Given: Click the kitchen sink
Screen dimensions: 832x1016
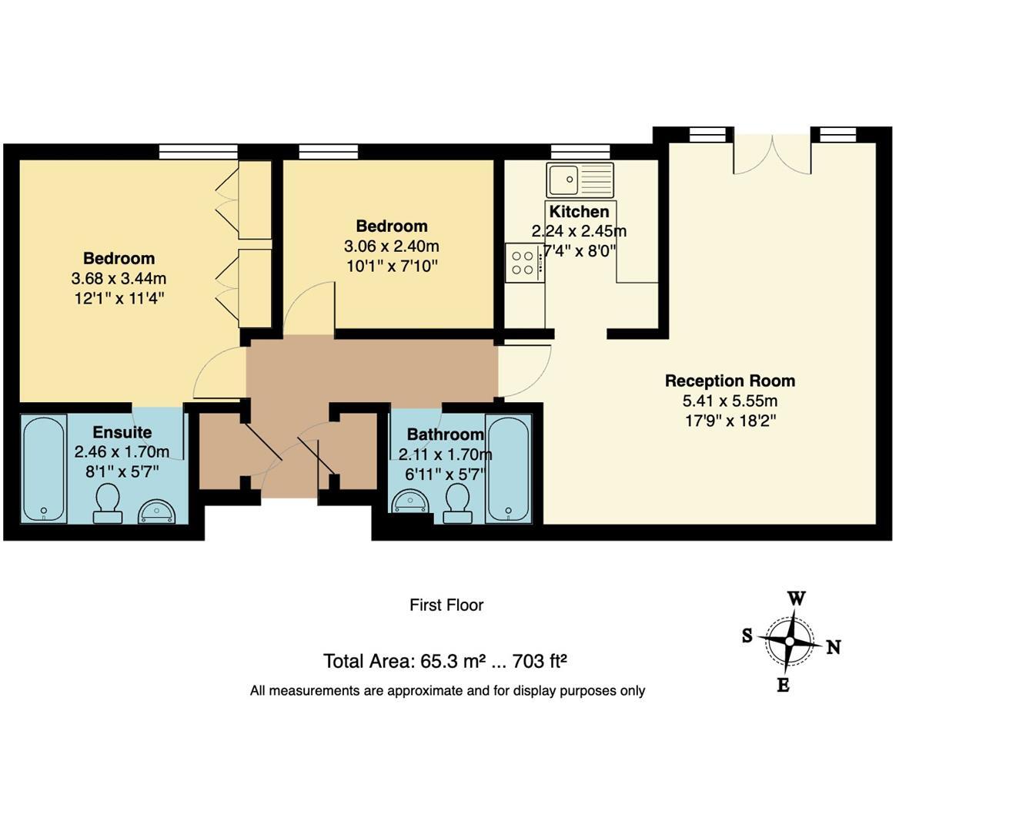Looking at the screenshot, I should click(x=580, y=179).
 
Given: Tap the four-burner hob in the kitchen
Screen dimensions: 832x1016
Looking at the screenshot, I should click(x=523, y=263).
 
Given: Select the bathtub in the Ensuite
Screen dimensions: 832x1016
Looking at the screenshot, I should click(x=44, y=469).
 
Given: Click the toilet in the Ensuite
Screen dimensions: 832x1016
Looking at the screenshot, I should click(x=107, y=504).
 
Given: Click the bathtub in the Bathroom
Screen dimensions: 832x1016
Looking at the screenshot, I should click(x=508, y=469).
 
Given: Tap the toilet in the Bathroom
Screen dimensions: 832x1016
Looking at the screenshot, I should click(x=459, y=504).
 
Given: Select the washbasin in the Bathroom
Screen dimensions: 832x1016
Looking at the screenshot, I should click(x=410, y=502).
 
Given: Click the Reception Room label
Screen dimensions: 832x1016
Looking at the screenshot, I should click(x=730, y=381).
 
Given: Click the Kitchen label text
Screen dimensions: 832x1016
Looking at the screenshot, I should click(x=580, y=211).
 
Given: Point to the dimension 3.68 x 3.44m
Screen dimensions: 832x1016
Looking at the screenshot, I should click(x=119, y=278).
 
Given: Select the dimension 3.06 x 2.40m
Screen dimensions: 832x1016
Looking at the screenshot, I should click(x=391, y=247).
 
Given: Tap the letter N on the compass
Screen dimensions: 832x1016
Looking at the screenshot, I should click(x=833, y=647).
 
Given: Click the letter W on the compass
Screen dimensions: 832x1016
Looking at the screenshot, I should click(x=796, y=599).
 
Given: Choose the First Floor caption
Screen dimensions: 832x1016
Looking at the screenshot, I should click(x=446, y=606).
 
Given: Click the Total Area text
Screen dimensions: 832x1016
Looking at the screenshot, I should click(x=445, y=661).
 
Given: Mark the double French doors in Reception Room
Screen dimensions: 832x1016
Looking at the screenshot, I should click(x=771, y=154).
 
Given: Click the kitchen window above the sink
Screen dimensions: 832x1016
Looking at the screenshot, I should click(x=580, y=151).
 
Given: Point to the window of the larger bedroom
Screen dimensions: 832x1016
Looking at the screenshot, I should click(x=198, y=151).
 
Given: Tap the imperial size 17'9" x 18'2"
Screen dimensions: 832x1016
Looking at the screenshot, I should click(x=730, y=421).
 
